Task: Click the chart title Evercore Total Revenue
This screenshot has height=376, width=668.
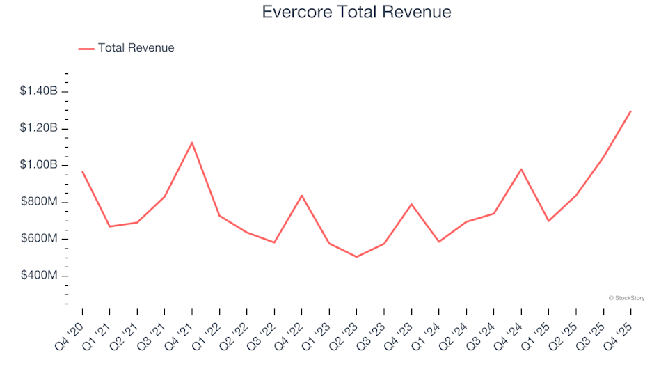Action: [356, 13]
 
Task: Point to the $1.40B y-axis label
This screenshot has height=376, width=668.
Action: [39, 91]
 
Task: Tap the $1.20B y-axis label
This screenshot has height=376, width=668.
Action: [39, 128]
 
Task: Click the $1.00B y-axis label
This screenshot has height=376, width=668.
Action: [39, 165]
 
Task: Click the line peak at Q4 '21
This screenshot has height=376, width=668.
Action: [192, 143]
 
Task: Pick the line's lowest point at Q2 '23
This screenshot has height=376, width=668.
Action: [356, 257]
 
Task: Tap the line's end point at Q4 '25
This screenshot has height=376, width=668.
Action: [630, 111]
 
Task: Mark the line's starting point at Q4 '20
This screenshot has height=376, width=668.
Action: [82, 171]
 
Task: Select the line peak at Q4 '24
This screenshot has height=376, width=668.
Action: [521, 169]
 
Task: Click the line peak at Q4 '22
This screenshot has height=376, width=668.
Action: [301, 196]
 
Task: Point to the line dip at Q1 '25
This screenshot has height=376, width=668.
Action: [548, 221]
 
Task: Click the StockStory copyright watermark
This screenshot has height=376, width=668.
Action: [626, 298]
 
